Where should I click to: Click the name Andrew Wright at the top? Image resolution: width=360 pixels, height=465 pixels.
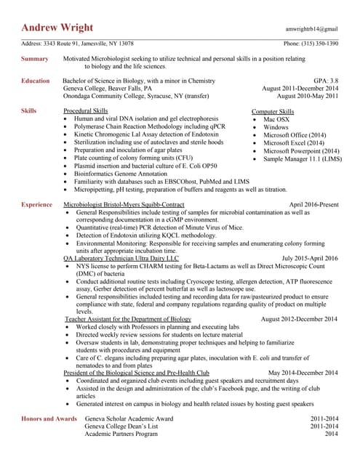coord(57,28)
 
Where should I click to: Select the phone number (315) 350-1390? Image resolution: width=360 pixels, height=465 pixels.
coord(311,44)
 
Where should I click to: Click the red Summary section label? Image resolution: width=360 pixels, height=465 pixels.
coord(35,58)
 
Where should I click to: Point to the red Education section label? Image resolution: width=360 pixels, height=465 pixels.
coord(36,81)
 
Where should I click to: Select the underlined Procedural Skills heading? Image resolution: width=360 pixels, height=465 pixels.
coord(89,111)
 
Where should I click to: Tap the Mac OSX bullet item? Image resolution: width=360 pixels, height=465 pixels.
coord(276,118)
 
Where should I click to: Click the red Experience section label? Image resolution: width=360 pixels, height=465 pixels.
coord(36,206)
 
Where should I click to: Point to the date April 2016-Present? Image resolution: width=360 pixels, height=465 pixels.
coord(313,206)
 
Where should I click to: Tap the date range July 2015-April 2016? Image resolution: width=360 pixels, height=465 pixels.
coord(310,258)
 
